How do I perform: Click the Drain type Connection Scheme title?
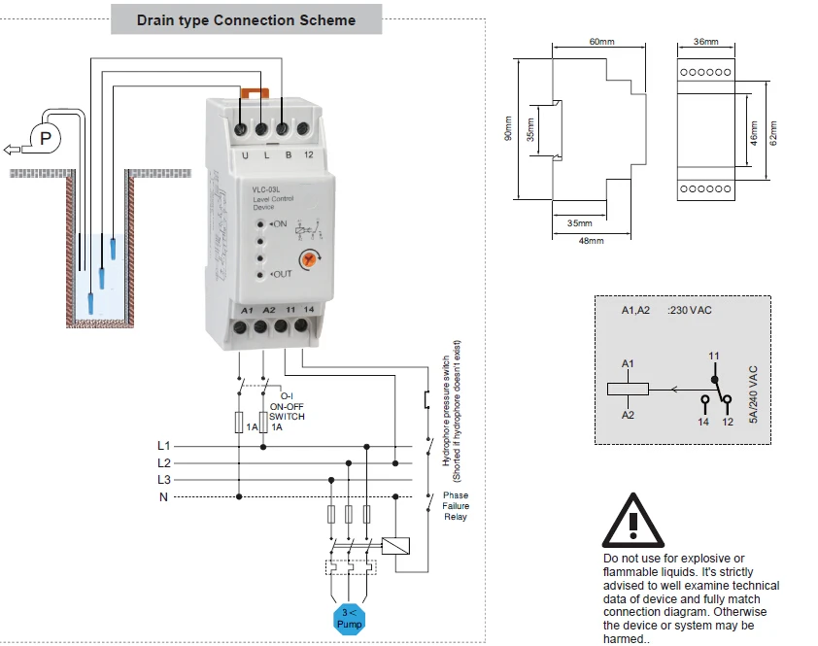246,19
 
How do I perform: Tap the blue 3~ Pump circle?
349,618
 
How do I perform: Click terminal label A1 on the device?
246,309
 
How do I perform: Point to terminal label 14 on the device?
308,309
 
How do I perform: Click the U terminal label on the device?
244,154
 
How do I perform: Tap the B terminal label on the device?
288,154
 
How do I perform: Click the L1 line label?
164,445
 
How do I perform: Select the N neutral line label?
164,497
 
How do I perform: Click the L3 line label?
164,480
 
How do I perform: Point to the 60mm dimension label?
601,42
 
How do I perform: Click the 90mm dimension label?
507,129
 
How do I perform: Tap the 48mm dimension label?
591,240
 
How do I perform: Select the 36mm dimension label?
706,42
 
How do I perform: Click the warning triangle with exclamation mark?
632,522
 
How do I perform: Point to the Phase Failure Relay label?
455,505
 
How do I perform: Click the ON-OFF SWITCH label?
287,412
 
